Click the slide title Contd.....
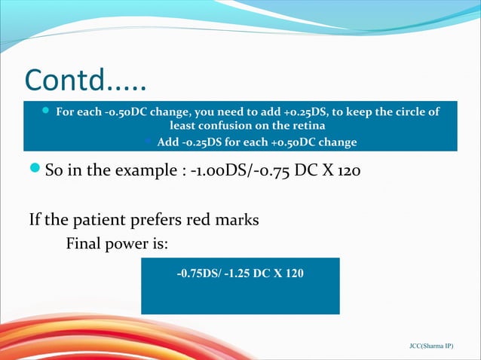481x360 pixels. coord(85,78)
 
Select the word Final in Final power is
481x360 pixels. coord(84,243)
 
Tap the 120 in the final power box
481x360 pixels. coord(295,273)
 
